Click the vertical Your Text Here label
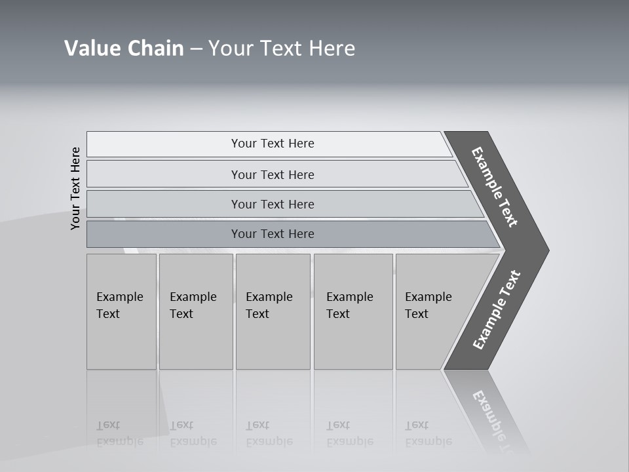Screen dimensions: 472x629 [x=75, y=188]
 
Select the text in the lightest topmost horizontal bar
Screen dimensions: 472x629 [x=273, y=144]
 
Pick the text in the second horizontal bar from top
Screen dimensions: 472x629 [x=273, y=174]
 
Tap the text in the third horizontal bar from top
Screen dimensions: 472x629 [x=273, y=204]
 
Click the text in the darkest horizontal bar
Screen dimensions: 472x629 [x=273, y=234]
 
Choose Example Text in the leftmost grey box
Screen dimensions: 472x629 [x=119, y=305]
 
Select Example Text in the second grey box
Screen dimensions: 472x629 [x=193, y=305]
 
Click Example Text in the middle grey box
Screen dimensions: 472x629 [x=269, y=305]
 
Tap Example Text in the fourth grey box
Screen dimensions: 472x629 [x=349, y=305]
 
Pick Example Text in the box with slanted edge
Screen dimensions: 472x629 [x=428, y=305]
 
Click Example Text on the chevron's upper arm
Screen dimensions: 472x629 [x=495, y=187]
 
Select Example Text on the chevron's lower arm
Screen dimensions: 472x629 [x=497, y=310]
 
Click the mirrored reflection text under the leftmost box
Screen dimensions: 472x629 [x=119, y=433]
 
